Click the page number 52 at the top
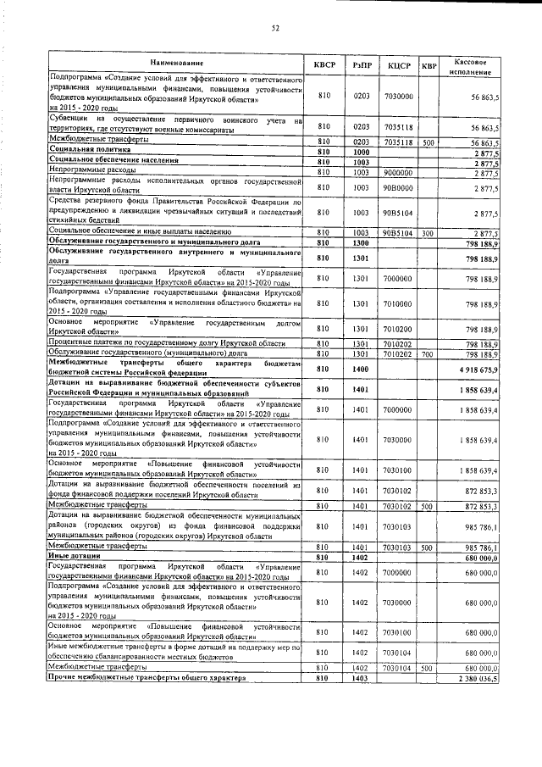coord(275,28)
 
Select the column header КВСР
coord(324,64)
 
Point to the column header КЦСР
coord(399,64)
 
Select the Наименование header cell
coord(177,64)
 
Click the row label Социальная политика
coord(93,150)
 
